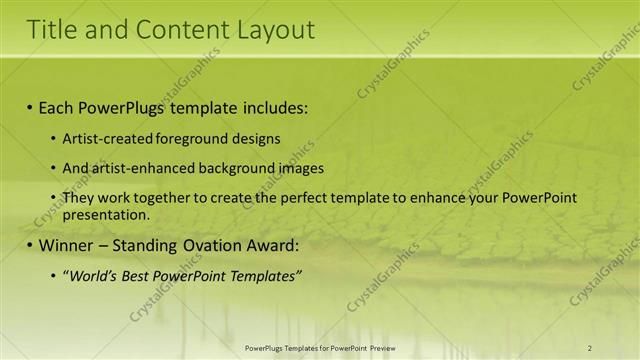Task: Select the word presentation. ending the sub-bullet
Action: click(106, 214)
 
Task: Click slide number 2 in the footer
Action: click(589, 347)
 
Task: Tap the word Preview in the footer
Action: click(379, 347)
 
